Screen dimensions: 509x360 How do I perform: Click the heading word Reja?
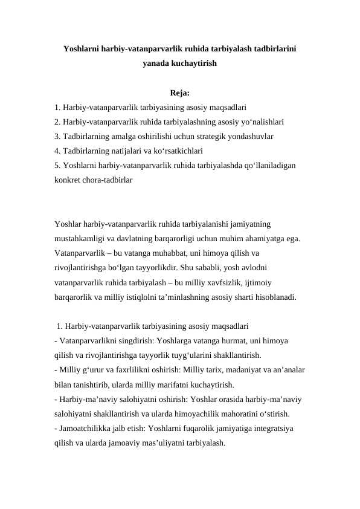(180, 93)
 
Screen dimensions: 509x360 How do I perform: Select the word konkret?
(66, 180)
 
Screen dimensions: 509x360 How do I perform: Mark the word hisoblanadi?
(272, 297)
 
